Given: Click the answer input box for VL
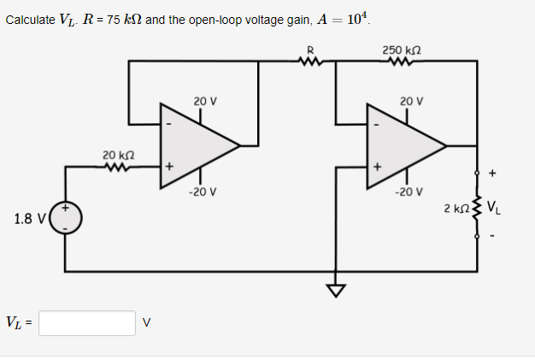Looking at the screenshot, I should [x=86, y=323].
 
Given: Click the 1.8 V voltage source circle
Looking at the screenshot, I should [x=66, y=218].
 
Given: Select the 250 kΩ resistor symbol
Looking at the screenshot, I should [x=399, y=61].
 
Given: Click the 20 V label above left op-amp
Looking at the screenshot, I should [x=205, y=101].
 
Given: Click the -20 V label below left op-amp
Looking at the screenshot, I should [x=203, y=192].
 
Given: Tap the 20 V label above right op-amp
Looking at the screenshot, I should [x=411, y=101].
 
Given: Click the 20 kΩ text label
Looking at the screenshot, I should [x=117, y=154].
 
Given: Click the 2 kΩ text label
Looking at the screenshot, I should [x=456, y=208].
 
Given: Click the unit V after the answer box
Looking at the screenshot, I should [x=147, y=323].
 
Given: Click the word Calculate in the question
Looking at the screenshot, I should [x=31, y=19].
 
